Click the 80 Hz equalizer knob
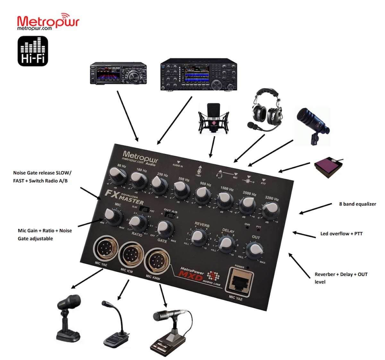coord(115,175)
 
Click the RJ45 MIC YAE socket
coord(239,281)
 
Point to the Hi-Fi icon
coord(33,51)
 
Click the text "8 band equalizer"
coord(357,204)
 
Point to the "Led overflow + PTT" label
coord(341,234)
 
